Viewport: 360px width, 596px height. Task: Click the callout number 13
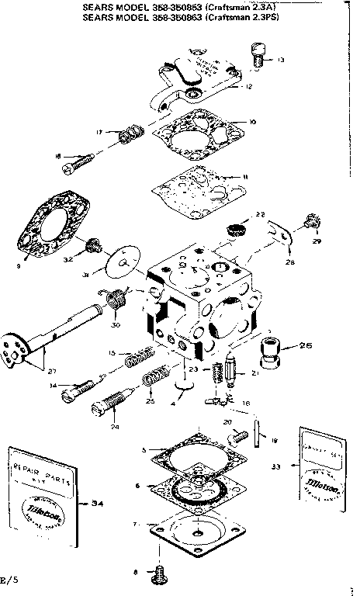pyautogui.click(x=280, y=60)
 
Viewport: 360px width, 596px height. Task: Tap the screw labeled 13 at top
pyautogui.click(x=258, y=54)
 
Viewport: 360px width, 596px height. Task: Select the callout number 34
pyautogui.click(x=98, y=504)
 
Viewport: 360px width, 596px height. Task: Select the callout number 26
pyautogui.click(x=305, y=345)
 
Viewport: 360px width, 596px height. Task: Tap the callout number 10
pyautogui.click(x=252, y=121)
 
